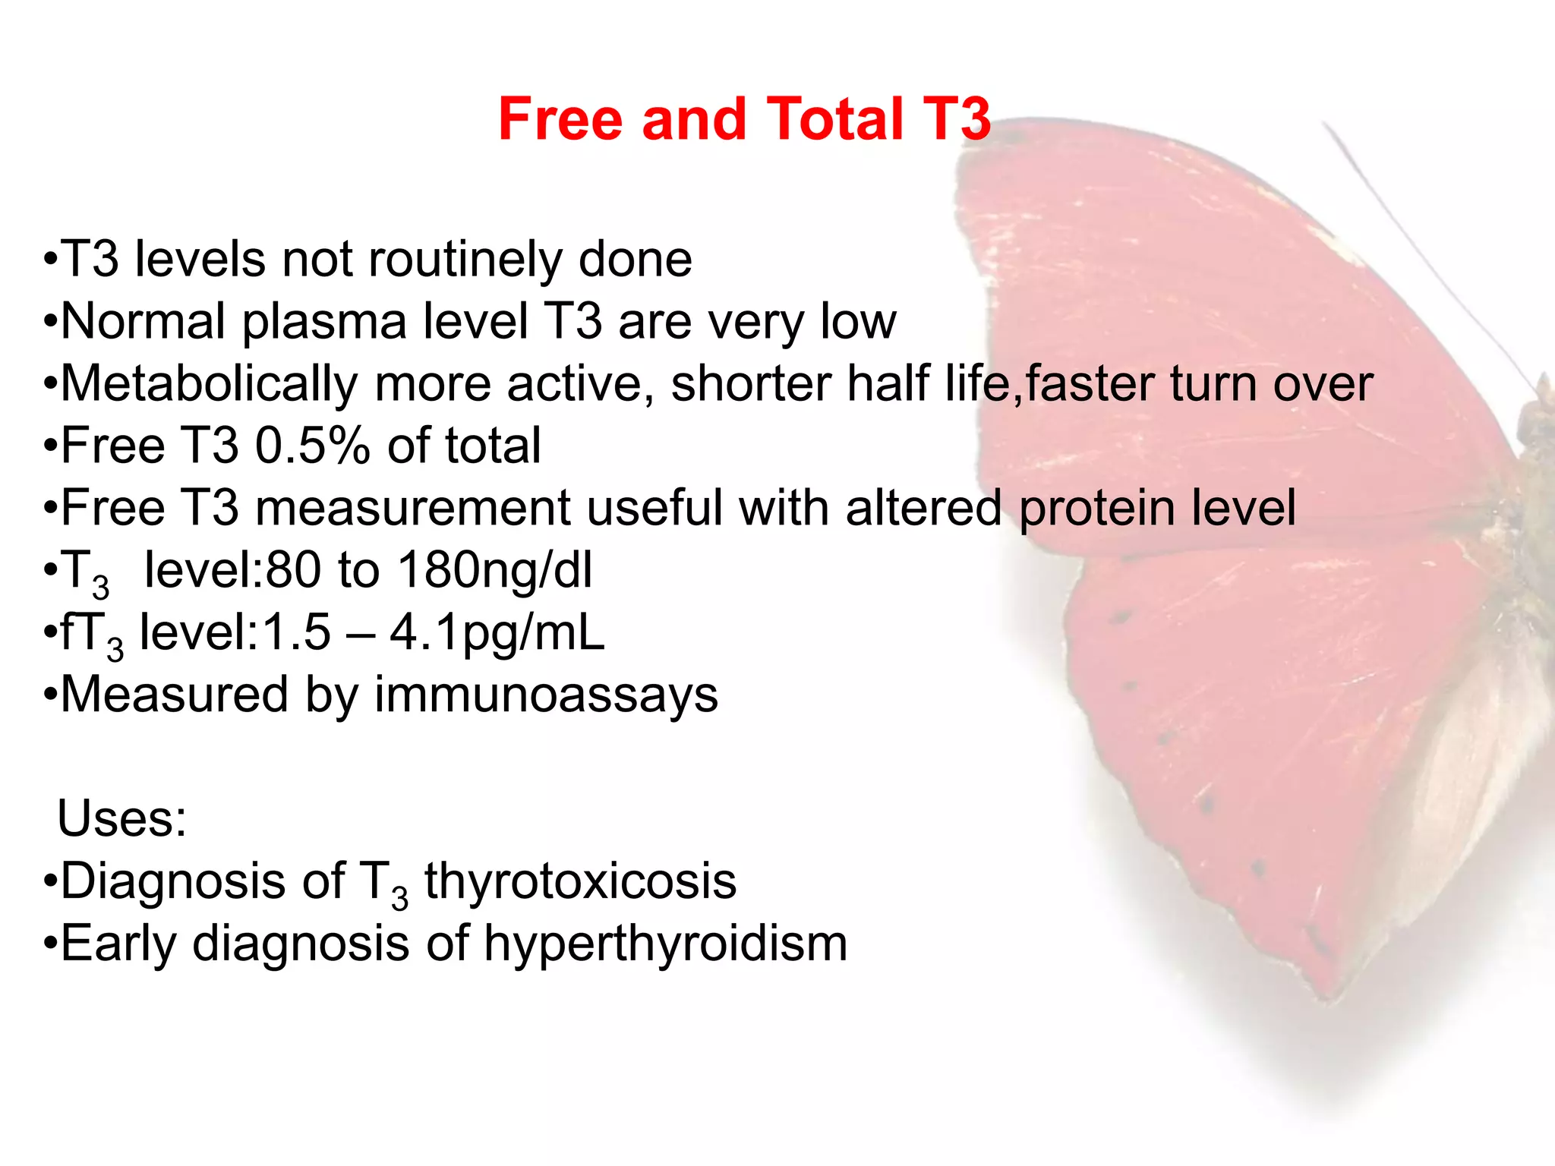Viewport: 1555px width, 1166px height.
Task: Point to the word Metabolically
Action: coord(208,384)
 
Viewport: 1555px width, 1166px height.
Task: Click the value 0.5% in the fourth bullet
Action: coord(312,446)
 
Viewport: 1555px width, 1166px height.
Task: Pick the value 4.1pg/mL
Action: coord(497,632)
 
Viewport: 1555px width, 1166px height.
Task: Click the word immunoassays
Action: coord(546,695)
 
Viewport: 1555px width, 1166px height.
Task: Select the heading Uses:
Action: coord(122,819)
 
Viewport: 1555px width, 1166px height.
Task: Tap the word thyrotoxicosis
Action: coord(580,881)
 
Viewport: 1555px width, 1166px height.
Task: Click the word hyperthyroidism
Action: coord(665,944)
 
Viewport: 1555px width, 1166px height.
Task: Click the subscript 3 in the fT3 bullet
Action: coord(115,649)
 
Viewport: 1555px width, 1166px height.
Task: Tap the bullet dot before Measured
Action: coord(50,695)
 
